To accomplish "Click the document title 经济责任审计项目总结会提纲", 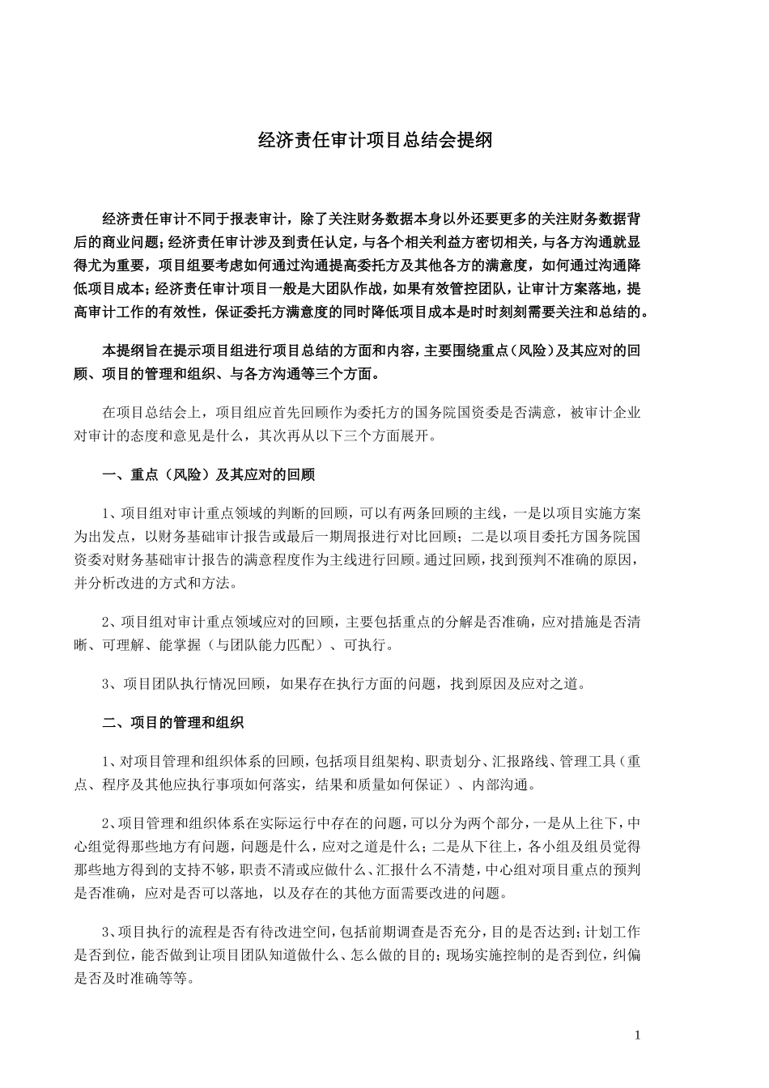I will coord(375,140).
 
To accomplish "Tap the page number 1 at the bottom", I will coord(638,1035).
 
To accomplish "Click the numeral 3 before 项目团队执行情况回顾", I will coord(107,684).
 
